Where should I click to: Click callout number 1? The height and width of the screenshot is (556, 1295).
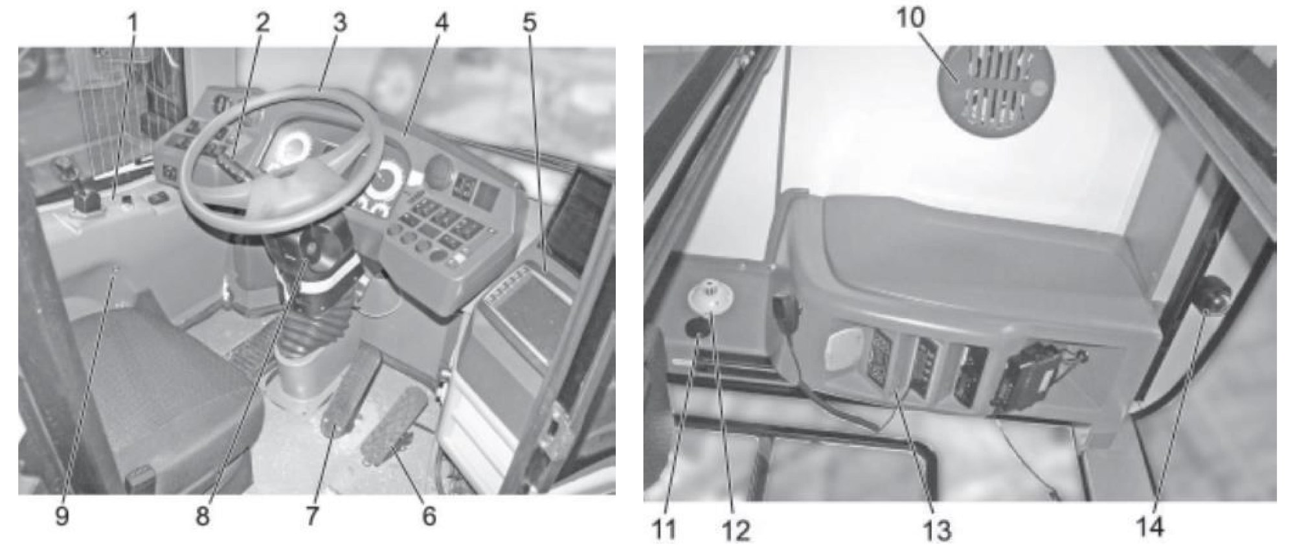coord(133,24)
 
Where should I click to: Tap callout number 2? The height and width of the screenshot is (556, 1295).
coord(262,24)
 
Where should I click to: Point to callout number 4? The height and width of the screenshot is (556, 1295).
coord(442,24)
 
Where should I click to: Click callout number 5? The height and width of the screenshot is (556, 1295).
coord(530,24)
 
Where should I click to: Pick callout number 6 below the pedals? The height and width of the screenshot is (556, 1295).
coord(429,516)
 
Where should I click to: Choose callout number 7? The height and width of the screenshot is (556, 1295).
coord(313,516)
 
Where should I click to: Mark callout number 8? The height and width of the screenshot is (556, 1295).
coord(203,516)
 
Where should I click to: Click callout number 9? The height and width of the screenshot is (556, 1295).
coord(62,516)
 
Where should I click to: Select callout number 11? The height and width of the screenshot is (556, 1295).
coord(664,529)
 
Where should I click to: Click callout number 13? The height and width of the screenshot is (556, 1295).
coord(936,529)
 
